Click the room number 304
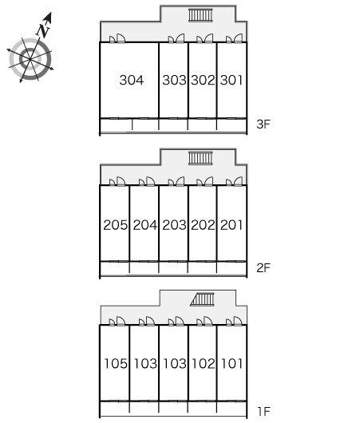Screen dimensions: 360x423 tap(132, 80)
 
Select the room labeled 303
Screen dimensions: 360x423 tap(174, 80)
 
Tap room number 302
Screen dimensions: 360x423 tap(203, 80)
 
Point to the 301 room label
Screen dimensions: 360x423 tap(231, 80)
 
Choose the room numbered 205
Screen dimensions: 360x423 tap(115, 225)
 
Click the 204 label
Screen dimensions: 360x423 tap(145, 225)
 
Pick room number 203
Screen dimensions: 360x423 tap(174, 225)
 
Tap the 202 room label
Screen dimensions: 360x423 tap(203, 225)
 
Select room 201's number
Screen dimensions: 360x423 tap(231, 225)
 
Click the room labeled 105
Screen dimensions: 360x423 tap(116, 363)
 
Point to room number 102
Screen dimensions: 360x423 tap(204, 363)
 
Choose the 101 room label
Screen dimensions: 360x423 tap(231, 363)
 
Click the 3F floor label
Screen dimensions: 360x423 tap(263, 124)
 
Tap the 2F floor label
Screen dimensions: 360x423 tap(263, 267)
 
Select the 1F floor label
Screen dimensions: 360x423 tap(263, 411)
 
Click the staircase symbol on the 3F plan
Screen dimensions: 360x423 tap(200, 15)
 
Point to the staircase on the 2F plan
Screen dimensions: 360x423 tap(200, 158)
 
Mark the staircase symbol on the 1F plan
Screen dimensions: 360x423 tap(202, 299)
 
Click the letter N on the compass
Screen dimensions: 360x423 tap(43, 30)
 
